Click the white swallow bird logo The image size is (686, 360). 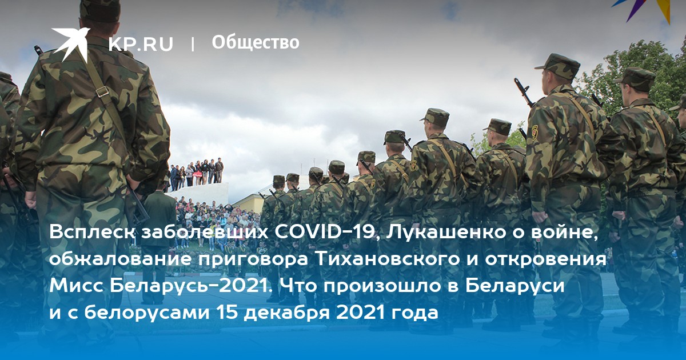71,43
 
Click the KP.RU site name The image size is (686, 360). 141,44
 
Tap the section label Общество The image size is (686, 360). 256,42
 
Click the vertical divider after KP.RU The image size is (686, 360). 193,44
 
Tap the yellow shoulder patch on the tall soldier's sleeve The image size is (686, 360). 535,132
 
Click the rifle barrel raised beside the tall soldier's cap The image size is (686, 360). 524,92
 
